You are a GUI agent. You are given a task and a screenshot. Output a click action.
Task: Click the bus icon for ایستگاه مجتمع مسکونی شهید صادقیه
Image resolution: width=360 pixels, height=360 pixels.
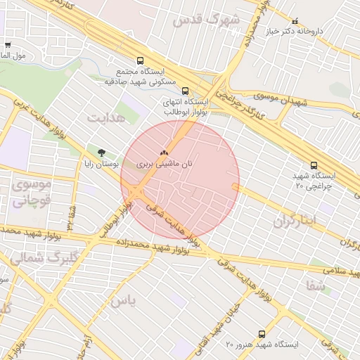click(x=140, y=61)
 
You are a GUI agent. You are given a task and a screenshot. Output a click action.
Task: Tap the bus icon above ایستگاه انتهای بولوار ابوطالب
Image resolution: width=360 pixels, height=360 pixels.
click(x=186, y=91)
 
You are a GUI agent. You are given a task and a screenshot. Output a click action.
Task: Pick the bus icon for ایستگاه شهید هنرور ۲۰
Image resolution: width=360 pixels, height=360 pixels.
click(x=262, y=334)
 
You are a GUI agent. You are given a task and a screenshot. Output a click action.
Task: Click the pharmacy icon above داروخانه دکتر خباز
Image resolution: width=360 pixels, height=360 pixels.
click(x=295, y=21)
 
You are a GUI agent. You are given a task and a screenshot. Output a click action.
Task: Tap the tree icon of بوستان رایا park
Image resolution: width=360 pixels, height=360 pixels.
click(x=102, y=152)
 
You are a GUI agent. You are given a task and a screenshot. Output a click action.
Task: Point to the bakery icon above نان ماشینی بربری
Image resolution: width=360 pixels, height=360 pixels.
click(x=164, y=151)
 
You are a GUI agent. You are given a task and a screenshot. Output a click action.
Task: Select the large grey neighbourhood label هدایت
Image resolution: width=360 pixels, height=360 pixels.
click(x=106, y=117)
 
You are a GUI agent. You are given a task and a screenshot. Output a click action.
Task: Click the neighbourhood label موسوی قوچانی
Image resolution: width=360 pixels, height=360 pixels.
click(x=30, y=192)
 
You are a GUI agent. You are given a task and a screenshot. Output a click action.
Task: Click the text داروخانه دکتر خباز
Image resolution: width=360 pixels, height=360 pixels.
click(x=323, y=31)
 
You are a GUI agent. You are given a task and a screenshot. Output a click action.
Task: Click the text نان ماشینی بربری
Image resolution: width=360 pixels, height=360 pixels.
click(x=164, y=162)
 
